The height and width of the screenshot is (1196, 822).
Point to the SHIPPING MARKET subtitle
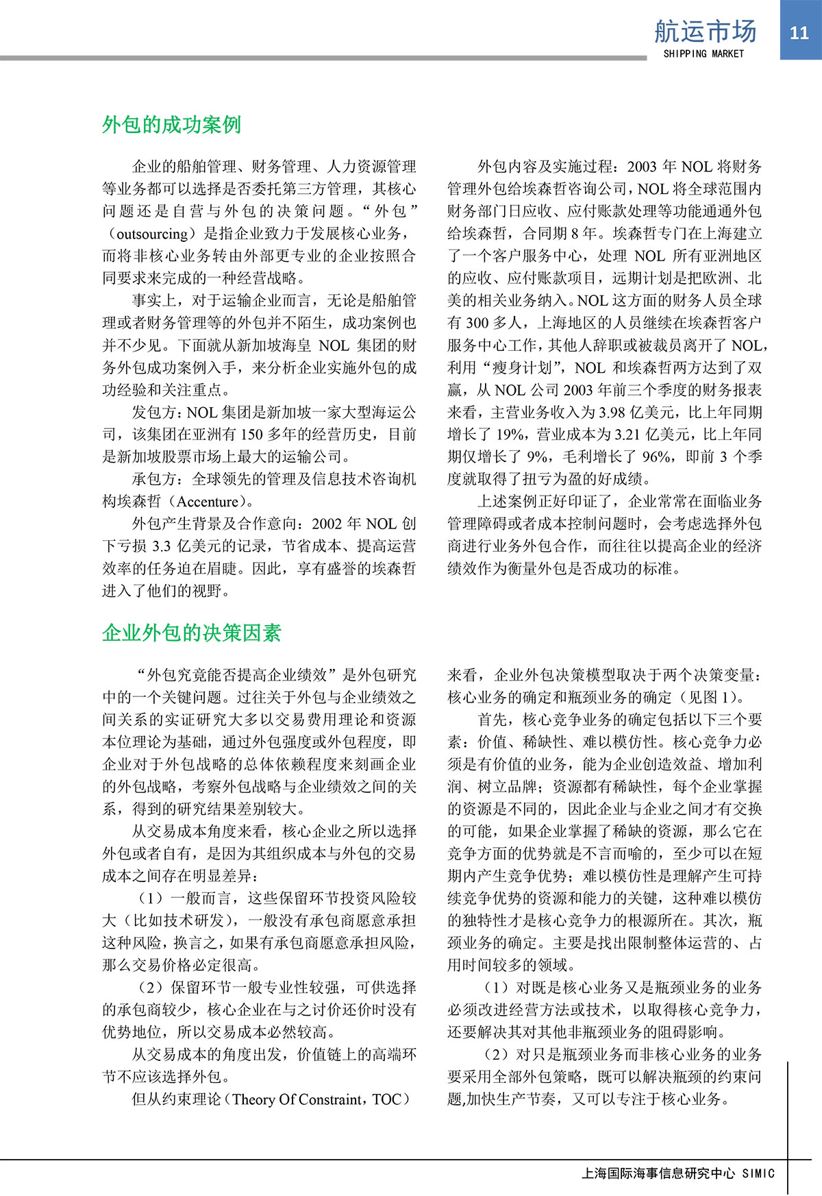tap(703, 53)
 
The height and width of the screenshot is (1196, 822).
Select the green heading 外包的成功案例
tap(171, 124)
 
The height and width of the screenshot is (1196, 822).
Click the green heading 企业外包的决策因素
tap(191, 632)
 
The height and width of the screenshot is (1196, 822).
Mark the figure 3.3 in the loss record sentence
tap(161, 546)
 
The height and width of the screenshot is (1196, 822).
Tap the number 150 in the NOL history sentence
tap(251, 435)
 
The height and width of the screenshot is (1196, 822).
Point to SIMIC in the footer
tap(758, 1173)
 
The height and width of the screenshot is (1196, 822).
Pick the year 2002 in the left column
tap(327, 524)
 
